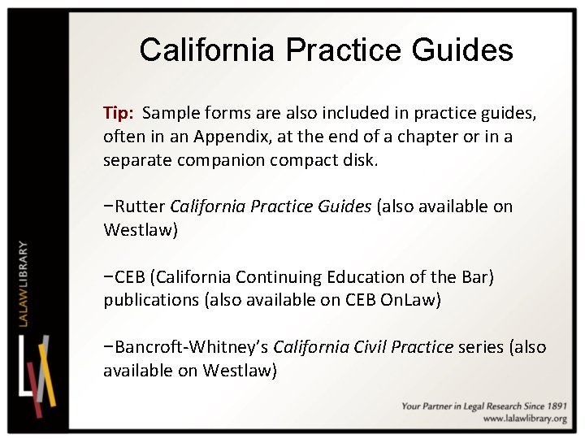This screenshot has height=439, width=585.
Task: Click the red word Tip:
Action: pyautogui.click(x=119, y=113)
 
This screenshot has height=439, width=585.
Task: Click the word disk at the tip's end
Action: pyautogui.click(x=362, y=159)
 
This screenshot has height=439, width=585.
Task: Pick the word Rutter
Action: pyautogui.click(x=140, y=206)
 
